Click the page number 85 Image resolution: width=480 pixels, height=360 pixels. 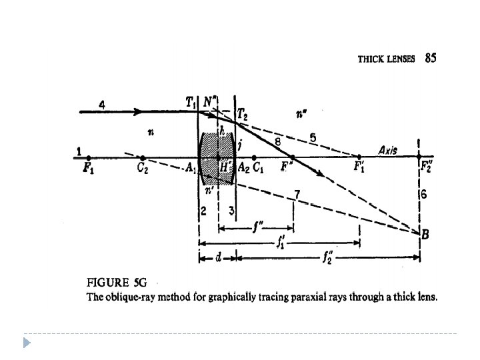coord(431,58)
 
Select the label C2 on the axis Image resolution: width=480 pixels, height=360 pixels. coord(143,167)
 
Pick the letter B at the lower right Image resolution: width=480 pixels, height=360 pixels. coord(425,233)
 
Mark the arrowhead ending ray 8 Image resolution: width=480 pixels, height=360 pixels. coord(322,175)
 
